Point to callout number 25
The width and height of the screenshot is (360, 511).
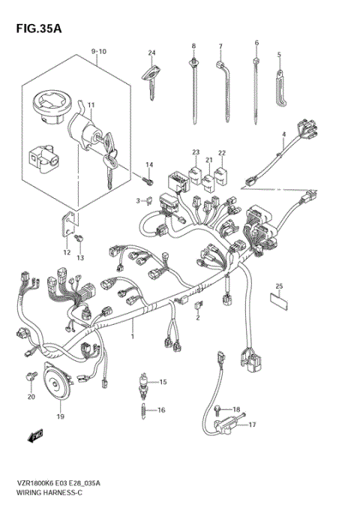[279, 286]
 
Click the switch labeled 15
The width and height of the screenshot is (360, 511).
[144, 383]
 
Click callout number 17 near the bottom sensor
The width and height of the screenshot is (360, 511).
[252, 425]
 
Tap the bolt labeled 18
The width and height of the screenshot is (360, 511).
[217, 408]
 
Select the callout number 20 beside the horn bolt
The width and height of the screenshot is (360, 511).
[31, 396]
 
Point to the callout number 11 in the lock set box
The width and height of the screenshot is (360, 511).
[91, 104]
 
